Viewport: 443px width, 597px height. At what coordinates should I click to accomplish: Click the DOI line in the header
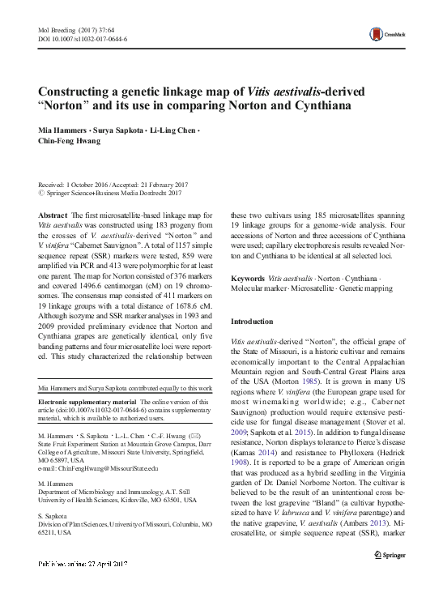[x=83, y=38]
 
